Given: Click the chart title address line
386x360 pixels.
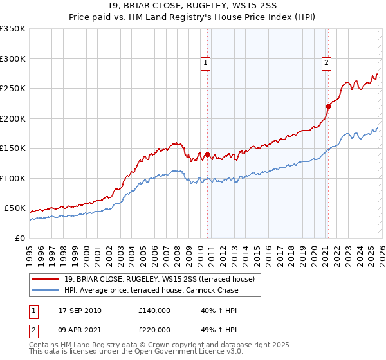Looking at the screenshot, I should (192, 6).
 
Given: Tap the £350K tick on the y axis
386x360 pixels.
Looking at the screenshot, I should (13, 29).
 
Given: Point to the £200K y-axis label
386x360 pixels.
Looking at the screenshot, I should (13, 118).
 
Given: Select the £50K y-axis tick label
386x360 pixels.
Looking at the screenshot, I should (15, 208).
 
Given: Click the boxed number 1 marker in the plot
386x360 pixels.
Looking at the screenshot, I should (205, 63).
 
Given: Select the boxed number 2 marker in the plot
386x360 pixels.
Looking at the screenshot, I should (326, 63).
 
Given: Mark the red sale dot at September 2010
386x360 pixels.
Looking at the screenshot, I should (207, 154).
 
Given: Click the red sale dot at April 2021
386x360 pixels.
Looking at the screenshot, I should (327, 106).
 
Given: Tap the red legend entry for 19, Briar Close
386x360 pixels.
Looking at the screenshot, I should (160, 279).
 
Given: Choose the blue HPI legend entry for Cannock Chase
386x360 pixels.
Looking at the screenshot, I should (151, 290).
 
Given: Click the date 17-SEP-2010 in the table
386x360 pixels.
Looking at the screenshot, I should (80, 310).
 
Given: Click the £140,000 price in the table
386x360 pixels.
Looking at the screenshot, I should (154, 310).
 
